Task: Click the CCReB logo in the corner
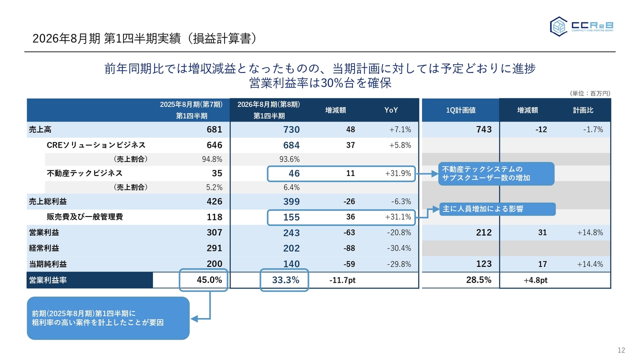click(581, 26)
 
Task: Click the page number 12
click(621, 350)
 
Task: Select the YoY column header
click(391, 110)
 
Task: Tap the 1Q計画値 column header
click(460, 110)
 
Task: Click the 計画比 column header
click(583, 110)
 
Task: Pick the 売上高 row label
click(40, 129)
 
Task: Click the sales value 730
click(291, 129)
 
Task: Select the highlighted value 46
click(294, 173)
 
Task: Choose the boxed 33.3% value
click(285, 280)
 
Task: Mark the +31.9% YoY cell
click(398, 173)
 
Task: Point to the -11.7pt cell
click(342, 280)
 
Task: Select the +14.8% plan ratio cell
click(590, 232)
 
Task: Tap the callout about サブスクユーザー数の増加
click(495, 173)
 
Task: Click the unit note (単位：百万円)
click(590, 93)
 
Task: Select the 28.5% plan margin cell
click(478, 280)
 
